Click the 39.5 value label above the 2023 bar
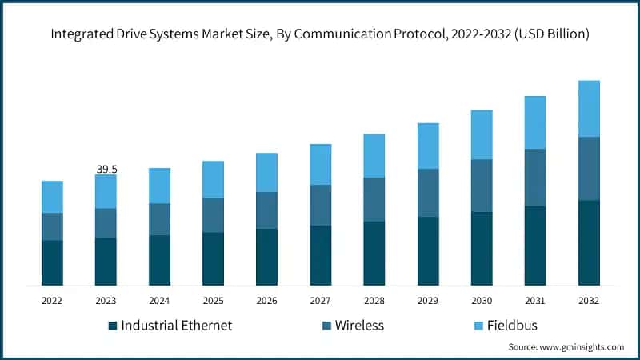coord(106,169)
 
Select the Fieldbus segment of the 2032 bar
coord(589,109)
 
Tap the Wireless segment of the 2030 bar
coord(482,186)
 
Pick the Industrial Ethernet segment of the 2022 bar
coord(52,262)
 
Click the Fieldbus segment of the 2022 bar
coord(52,197)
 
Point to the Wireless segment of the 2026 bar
coord(266,210)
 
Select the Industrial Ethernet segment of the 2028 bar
coord(374,253)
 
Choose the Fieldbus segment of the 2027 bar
coord(321,165)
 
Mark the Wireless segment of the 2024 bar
coord(159,219)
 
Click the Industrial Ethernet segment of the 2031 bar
coord(535,246)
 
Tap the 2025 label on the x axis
coord(213,301)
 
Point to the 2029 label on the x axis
coord(427,301)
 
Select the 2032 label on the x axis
coord(588,301)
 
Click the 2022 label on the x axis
coord(52,301)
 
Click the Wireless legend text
coord(359,326)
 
